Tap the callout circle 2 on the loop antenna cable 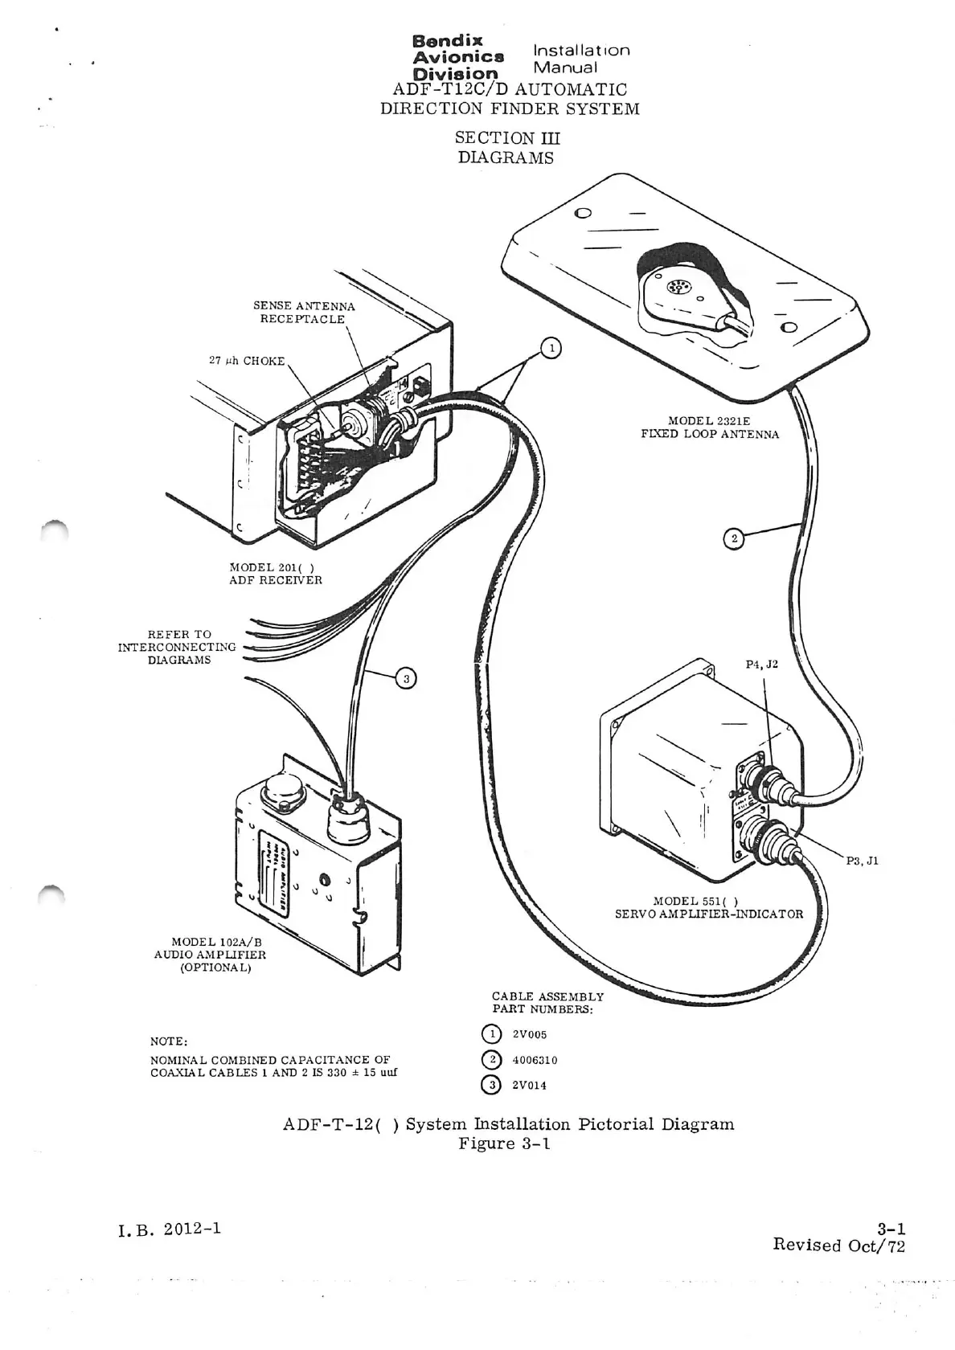click(732, 538)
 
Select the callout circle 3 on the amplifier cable click(407, 680)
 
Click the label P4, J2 click(761, 665)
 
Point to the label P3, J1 click(862, 861)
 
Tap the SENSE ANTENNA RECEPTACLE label click(303, 313)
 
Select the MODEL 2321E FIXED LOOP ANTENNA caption click(709, 427)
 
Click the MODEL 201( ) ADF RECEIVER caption click(275, 574)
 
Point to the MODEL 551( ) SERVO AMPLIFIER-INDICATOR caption click(708, 907)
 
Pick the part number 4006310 click(535, 1060)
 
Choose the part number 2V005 click(529, 1034)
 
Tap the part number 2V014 click(529, 1085)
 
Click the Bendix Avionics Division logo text click(457, 57)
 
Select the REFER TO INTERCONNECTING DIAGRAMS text click(177, 647)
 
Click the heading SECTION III click(506, 138)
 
